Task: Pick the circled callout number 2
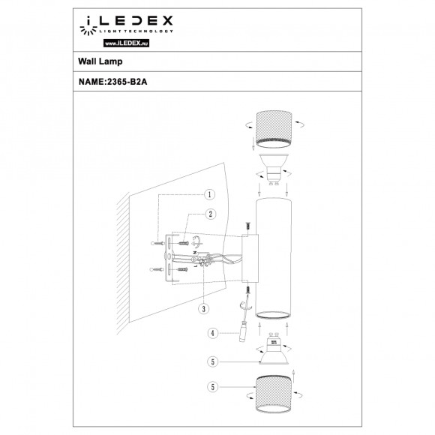coord(211,214)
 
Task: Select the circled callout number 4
coord(214,332)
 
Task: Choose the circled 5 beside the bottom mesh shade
coord(214,387)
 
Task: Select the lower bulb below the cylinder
coord(274,352)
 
